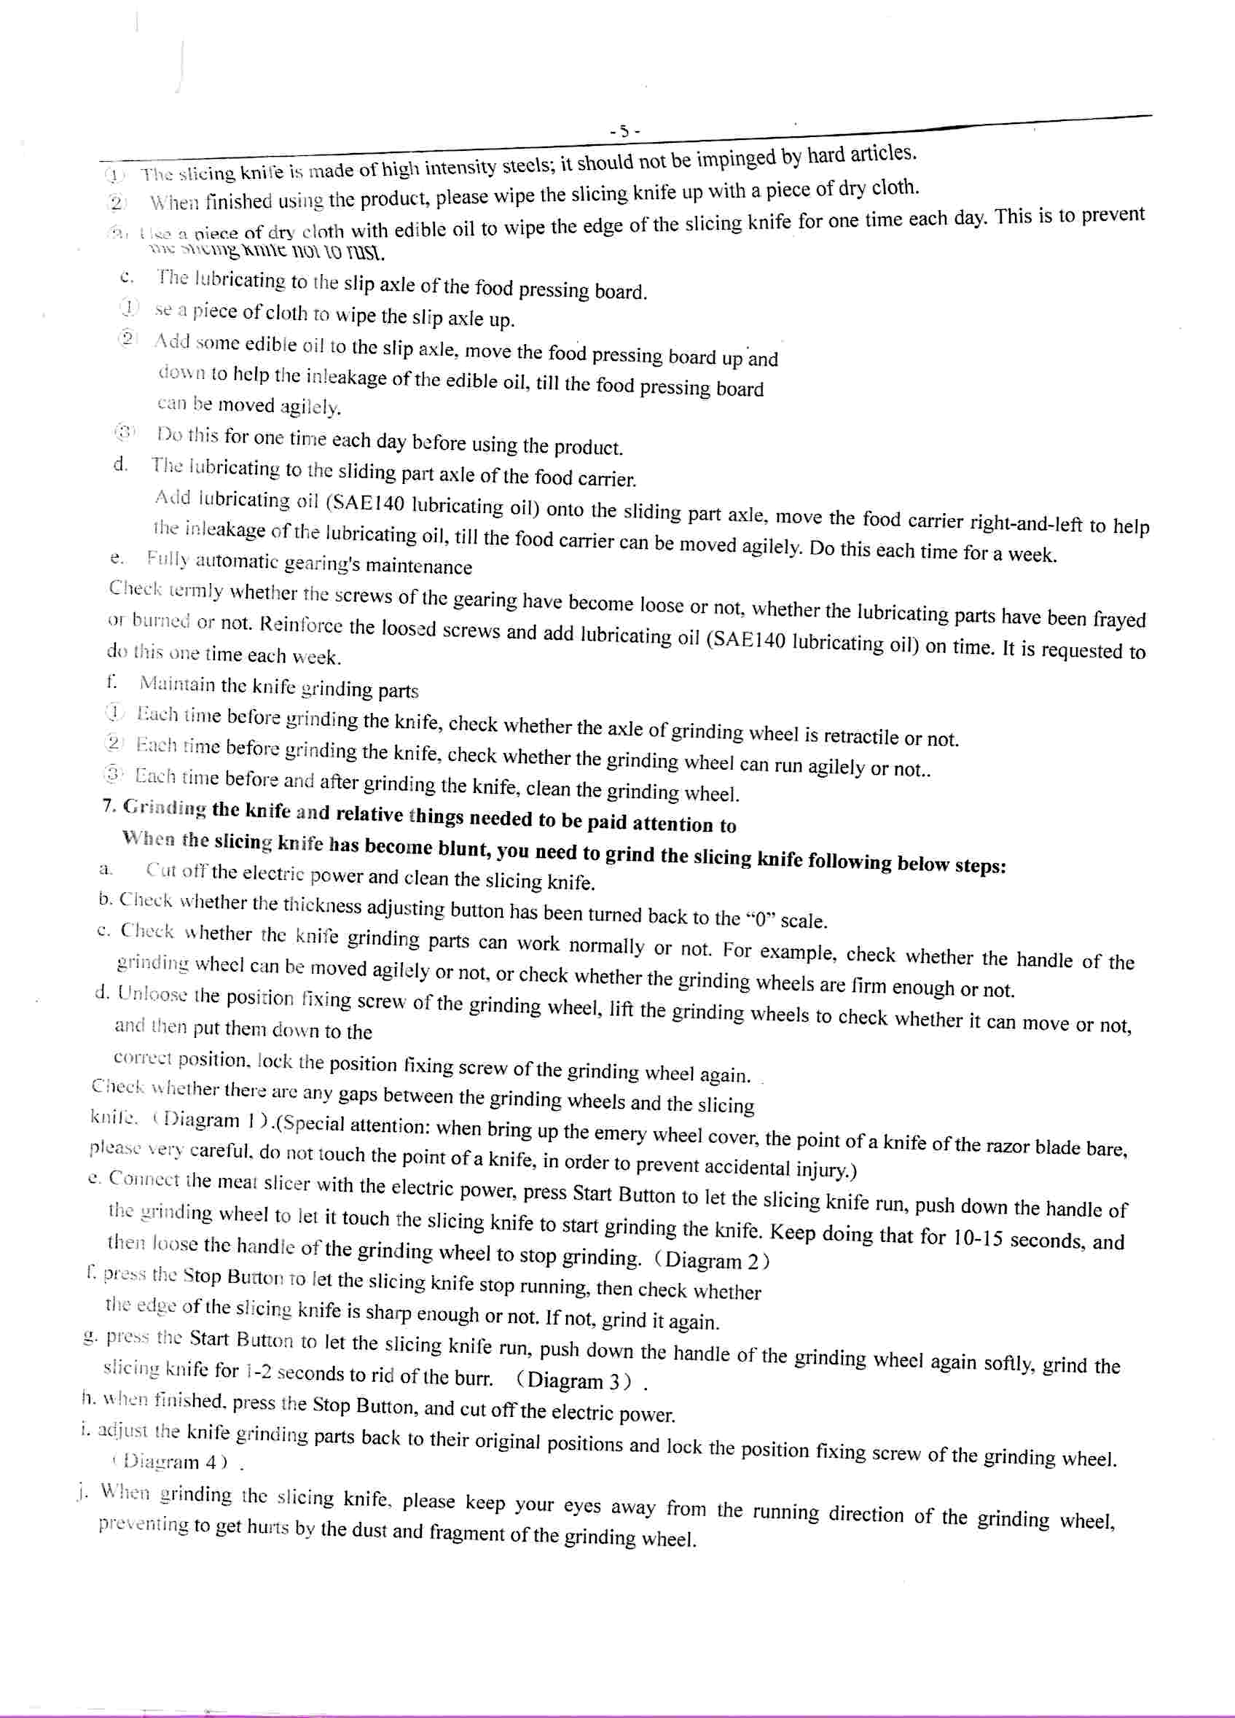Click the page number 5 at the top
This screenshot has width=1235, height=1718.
click(x=624, y=131)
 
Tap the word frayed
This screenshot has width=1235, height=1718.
click(x=1118, y=618)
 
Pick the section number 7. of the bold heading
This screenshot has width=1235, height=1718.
click(x=109, y=806)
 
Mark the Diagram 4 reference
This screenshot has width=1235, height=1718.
click(x=171, y=1461)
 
